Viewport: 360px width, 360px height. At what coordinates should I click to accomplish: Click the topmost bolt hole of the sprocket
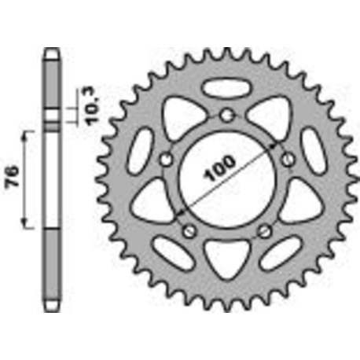click(227, 116)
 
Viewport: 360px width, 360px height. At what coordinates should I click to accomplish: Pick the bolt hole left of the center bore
click(166, 160)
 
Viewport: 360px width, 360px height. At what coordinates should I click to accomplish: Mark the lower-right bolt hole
click(265, 231)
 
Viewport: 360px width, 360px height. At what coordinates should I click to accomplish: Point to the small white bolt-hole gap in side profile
click(52, 122)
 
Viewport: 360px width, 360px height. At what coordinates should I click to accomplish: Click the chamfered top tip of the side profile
click(52, 51)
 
